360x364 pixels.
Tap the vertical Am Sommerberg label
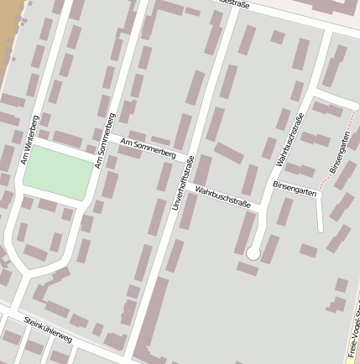click(x=105, y=140)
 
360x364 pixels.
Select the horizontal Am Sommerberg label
click(x=148, y=150)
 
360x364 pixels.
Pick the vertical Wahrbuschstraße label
click(x=289, y=139)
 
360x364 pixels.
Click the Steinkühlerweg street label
click(x=48, y=328)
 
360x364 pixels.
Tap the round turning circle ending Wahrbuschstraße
click(x=253, y=252)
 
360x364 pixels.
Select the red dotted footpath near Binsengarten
click(x=327, y=183)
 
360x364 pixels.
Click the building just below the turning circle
click(x=248, y=268)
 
